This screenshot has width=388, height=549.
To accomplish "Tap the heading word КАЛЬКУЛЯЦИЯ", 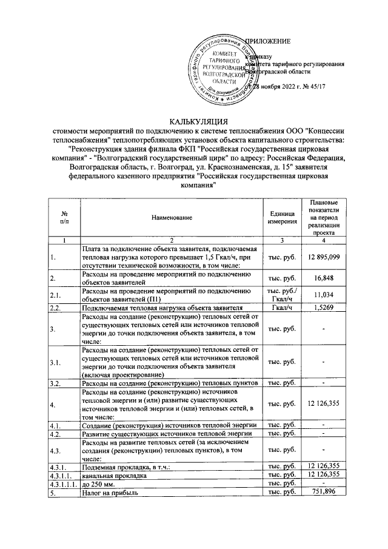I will pos(193,121).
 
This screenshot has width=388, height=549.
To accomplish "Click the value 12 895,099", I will pos(323,257).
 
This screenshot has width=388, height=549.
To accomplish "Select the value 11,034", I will pos(323,295).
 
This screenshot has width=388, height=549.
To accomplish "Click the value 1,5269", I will pos(323,308).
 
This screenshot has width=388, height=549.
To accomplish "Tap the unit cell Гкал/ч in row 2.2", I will pos(282,308).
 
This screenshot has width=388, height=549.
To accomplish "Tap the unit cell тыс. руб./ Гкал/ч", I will pos(282,295).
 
